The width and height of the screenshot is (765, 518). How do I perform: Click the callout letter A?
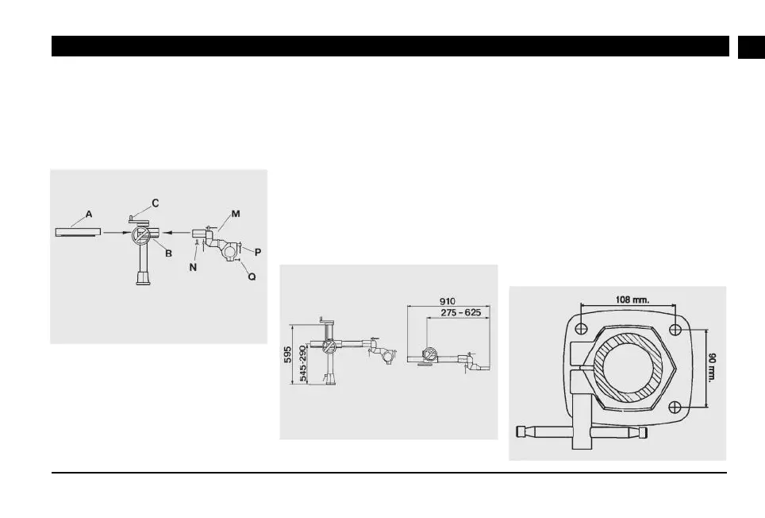89,215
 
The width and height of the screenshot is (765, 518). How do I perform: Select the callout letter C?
155,203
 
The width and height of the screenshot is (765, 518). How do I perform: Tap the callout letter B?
168,253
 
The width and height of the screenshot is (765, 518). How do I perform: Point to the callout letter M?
236,213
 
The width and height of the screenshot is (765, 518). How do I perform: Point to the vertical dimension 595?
289,354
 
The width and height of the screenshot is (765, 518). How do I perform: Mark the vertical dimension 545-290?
302,365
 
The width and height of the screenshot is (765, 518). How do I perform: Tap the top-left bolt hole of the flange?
582,329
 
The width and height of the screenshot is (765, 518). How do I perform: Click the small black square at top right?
750,46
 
